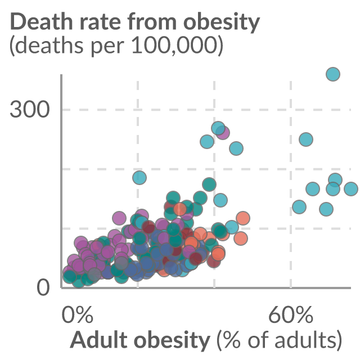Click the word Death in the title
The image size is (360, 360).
41,21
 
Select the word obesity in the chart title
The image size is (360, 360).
222,24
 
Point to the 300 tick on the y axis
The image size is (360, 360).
30,110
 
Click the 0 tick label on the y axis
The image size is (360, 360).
43,287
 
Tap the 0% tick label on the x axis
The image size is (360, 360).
78,314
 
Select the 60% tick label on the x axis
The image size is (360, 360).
291,314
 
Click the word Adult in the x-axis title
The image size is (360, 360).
99,339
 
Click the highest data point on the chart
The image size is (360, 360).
333,74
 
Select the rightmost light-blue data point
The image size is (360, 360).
351,189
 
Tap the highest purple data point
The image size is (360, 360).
222,133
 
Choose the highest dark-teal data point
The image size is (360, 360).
209,184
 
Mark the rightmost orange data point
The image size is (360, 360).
243,218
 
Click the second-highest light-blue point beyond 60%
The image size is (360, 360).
306,139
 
